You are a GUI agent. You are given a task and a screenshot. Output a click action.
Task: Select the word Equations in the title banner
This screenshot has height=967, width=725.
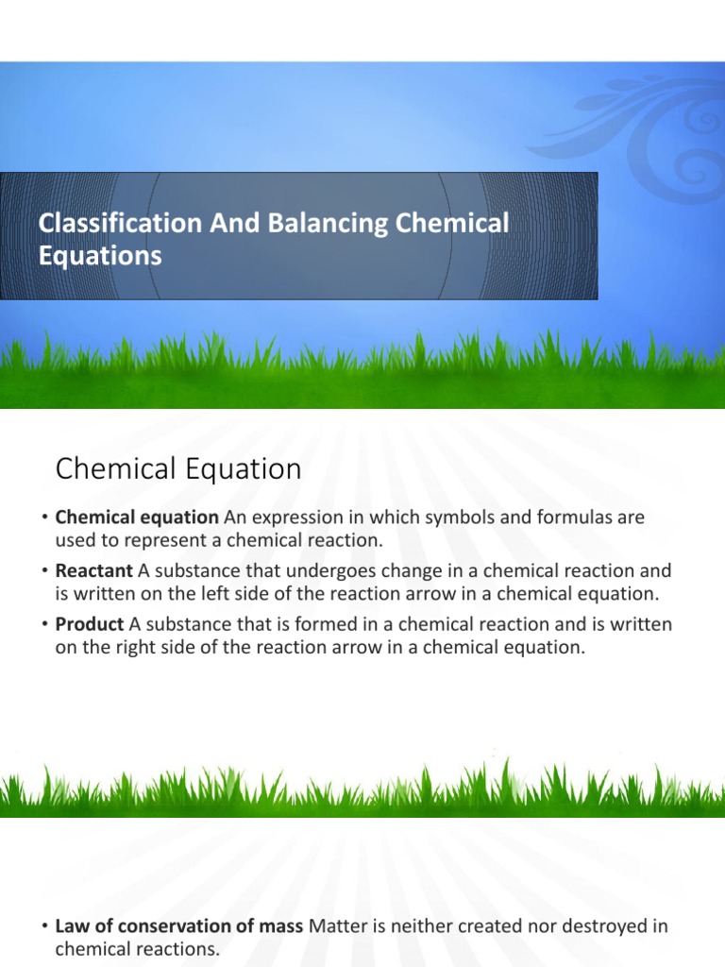99,256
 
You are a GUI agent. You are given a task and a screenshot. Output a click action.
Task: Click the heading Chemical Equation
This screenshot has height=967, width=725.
178,469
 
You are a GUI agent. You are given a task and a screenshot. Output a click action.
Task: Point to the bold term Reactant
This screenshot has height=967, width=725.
94,570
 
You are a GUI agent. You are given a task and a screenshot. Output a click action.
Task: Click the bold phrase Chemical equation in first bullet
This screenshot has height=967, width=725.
137,517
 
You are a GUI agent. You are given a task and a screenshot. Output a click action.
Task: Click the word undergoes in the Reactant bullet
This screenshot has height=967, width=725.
356,570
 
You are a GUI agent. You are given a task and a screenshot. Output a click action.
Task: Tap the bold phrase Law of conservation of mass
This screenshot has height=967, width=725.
179,926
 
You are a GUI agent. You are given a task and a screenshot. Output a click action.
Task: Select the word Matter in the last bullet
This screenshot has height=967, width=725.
337,926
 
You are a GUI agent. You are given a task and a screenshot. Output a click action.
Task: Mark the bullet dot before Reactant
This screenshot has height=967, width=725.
43,571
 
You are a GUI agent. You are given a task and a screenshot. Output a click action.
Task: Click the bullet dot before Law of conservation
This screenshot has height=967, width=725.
43,927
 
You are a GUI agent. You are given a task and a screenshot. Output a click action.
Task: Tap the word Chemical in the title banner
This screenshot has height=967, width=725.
451,224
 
